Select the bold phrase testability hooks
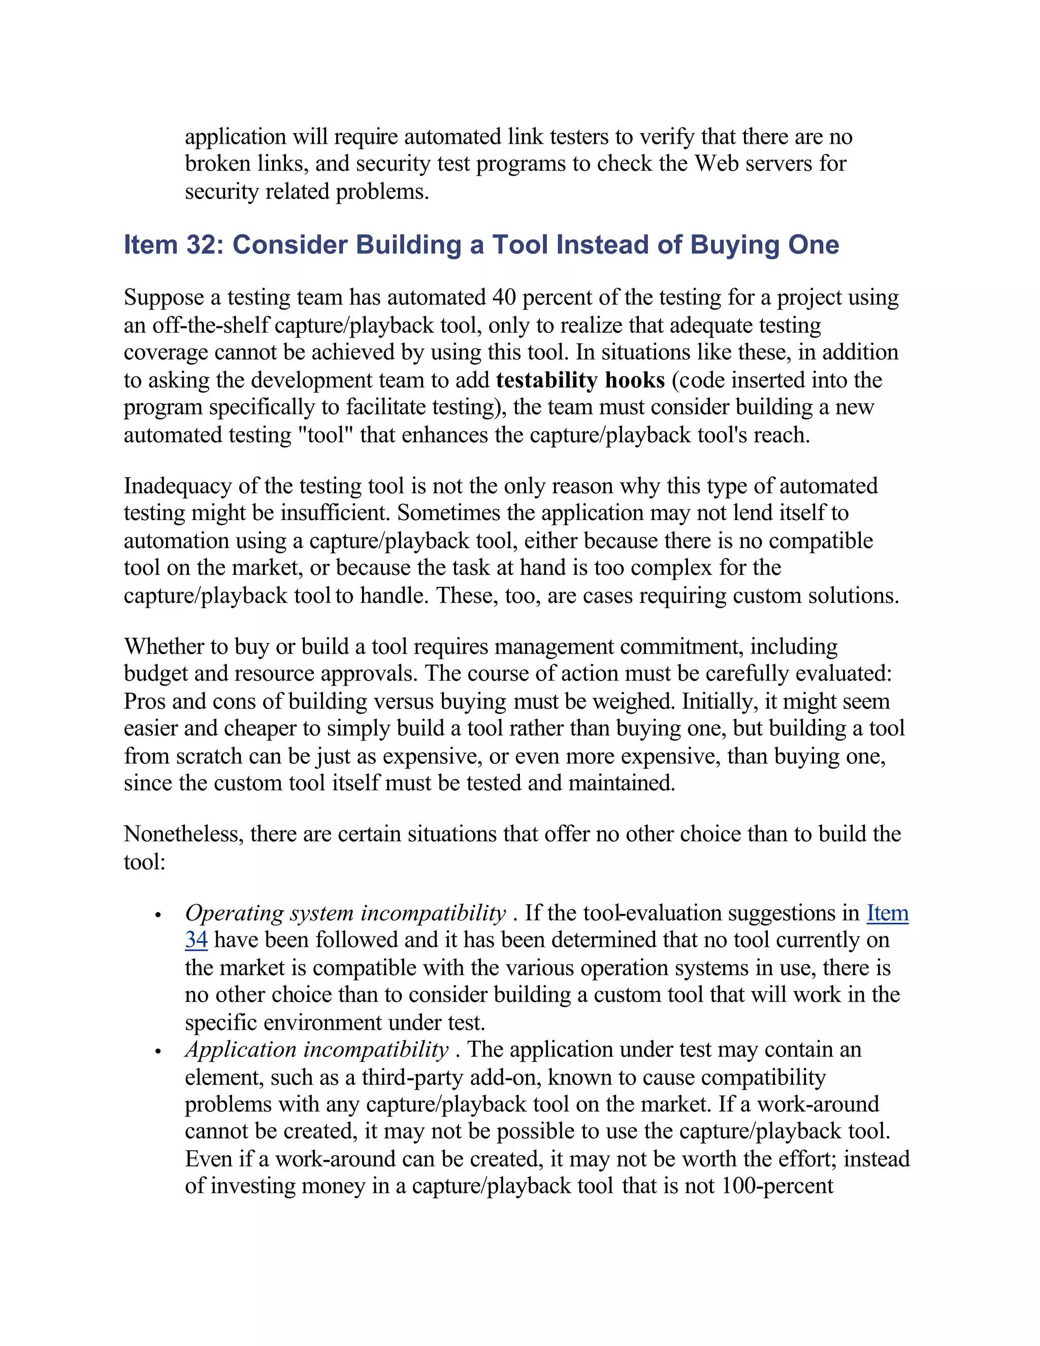tap(580, 380)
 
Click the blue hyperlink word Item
tap(887, 913)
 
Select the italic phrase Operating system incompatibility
tap(345, 913)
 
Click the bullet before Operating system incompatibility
tap(158, 915)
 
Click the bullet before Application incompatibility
tap(158, 1052)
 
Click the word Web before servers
tap(717, 164)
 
